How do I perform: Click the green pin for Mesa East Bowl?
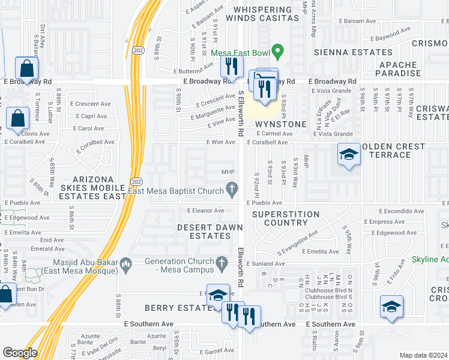point(277,52)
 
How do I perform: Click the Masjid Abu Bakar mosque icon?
point(126,262)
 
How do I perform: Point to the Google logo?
point(19,353)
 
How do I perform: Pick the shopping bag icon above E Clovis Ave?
point(18,118)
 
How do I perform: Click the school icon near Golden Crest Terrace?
point(348,155)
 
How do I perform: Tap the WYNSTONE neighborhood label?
point(280,124)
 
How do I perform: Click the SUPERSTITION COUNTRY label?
point(286,218)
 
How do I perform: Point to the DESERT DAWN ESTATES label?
point(210,232)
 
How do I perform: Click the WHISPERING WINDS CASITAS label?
point(266,14)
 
